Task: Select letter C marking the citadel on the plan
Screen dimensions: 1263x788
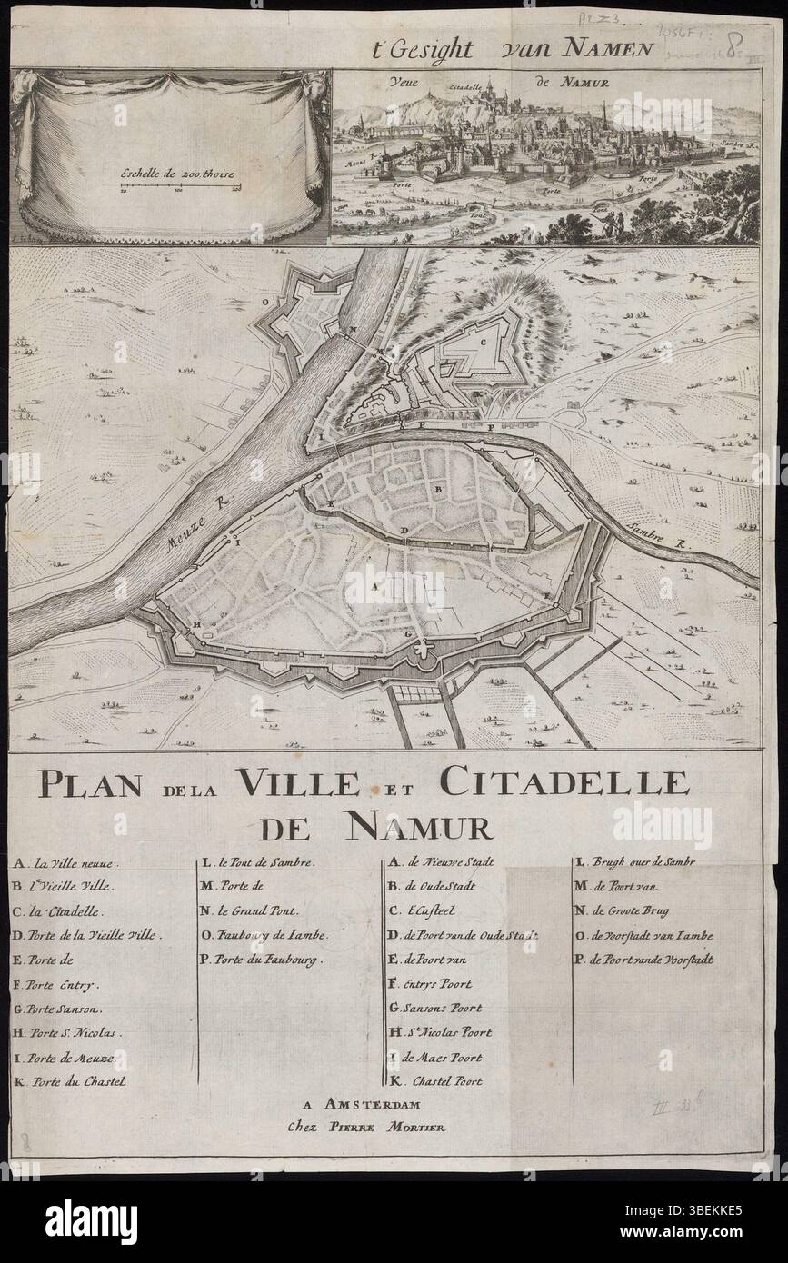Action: tap(484, 343)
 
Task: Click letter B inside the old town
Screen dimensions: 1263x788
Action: tap(438, 489)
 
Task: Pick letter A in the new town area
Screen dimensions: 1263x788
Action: tap(374, 587)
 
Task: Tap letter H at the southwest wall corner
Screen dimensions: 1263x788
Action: tap(195, 625)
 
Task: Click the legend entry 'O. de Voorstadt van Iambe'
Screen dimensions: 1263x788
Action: tap(643, 935)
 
